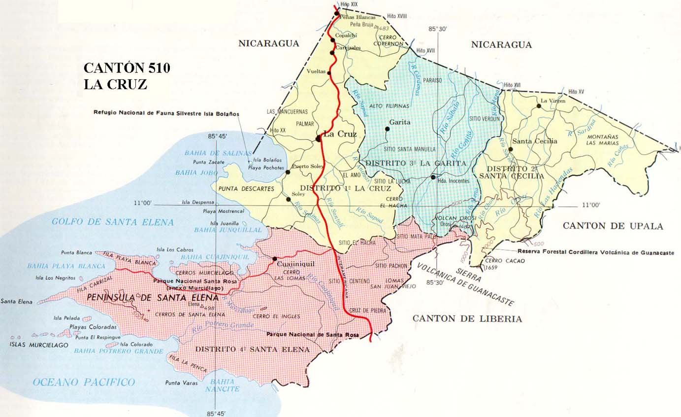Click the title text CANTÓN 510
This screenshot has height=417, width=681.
pos(127,68)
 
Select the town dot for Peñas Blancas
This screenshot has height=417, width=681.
pos(337,14)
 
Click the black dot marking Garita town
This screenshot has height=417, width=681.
pos(388,129)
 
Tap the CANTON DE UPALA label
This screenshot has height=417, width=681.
pos(613,226)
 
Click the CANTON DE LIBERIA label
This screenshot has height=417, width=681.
pos(467,319)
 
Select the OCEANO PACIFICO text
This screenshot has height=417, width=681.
pos(84,382)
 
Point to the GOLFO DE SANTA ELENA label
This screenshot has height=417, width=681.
pos(113,222)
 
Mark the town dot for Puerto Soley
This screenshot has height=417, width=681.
pos(288,172)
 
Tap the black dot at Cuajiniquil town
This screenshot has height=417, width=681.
pos(274,258)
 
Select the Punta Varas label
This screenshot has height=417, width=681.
pos(181,383)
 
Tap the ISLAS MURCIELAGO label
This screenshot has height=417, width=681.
pos(38,345)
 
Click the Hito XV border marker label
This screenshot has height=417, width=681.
pos(576,92)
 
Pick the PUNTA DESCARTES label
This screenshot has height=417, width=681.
pos(246,188)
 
